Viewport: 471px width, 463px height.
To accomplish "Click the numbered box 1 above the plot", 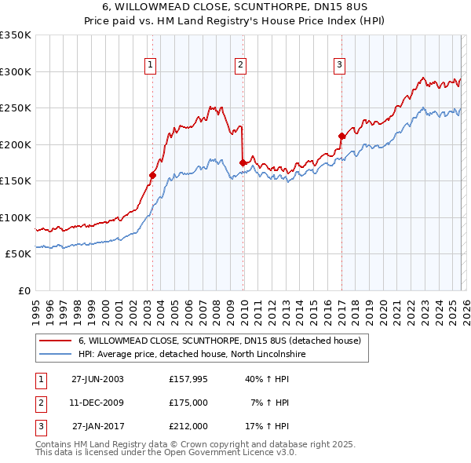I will tap(150, 66).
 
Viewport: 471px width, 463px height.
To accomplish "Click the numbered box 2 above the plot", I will tap(240, 66).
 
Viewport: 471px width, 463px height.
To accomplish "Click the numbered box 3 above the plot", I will tap(339, 66).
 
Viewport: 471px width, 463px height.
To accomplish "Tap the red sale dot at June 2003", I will tap(153, 175).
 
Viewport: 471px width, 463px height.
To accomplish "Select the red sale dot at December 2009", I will tap(243, 162).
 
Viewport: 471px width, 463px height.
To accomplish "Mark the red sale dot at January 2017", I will tap(341, 136).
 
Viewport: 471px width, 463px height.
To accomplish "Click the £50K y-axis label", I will tap(18, 254).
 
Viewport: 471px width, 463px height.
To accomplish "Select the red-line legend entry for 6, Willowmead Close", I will tap(219, 341).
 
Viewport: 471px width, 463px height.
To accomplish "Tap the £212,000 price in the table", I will tap(188, 426).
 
